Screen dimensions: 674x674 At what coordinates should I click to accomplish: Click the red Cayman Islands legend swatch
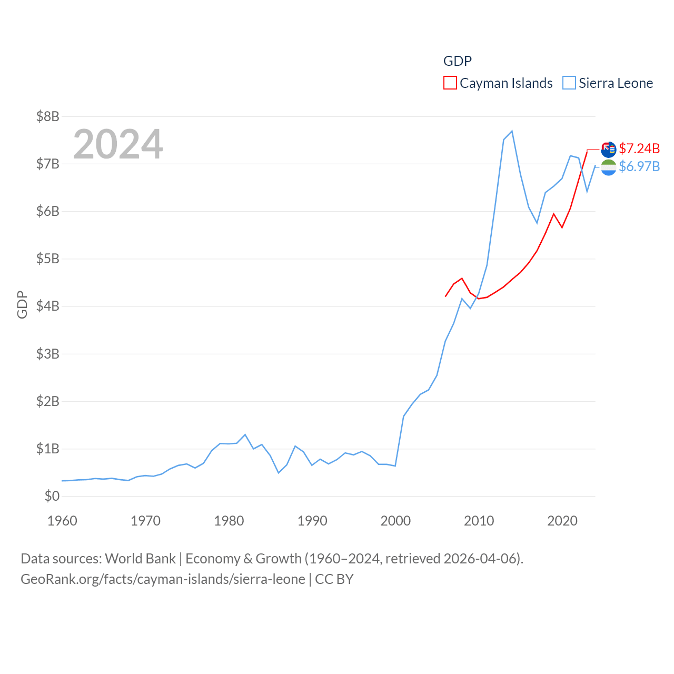(450, 83)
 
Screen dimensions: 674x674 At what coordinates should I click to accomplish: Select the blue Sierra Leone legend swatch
(569, 83)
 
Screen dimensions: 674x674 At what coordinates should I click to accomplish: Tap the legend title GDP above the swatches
(457, 61)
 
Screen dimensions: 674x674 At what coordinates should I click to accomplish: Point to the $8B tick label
(47, 116)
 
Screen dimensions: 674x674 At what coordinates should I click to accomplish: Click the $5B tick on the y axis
(47, 259)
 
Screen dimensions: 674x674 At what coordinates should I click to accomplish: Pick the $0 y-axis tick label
(52, 496)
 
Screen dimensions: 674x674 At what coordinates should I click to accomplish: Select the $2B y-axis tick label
(47, 401)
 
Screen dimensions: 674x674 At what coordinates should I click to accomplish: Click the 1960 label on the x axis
(62, 521)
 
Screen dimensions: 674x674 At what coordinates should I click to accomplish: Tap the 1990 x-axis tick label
(312, 521)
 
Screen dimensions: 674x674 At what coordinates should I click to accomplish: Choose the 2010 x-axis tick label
(479, 521)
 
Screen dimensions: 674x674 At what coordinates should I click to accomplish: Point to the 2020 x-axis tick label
(562, 521)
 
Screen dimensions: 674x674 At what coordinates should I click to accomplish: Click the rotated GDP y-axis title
(22, 304)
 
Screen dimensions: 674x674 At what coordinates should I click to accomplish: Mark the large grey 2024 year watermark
(118, 144)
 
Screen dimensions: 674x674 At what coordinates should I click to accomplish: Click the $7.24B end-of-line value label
(639, 148)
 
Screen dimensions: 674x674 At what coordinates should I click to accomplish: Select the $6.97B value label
(639, 166)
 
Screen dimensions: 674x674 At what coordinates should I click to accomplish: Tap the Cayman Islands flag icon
(609, 150)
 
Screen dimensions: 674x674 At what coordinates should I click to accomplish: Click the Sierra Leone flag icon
(609, 168)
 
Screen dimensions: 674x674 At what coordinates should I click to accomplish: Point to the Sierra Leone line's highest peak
(512, 131)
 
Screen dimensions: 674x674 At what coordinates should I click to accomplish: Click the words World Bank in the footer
(140, 558)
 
